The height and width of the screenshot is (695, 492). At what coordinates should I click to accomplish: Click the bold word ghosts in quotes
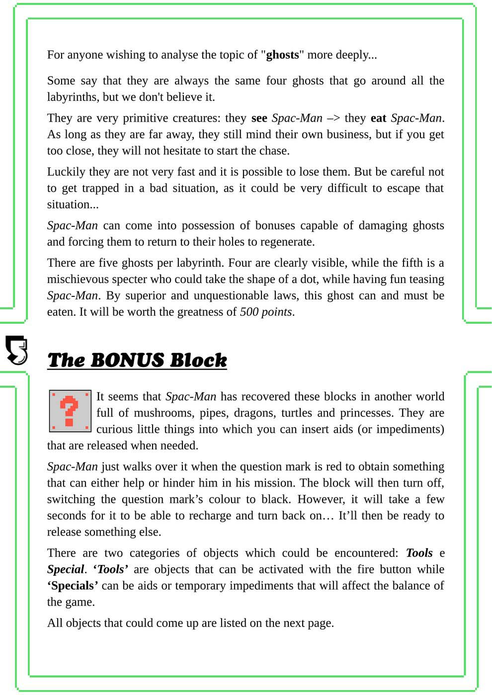coord(282,55)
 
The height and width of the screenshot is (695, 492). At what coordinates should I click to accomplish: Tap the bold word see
coord(259,118)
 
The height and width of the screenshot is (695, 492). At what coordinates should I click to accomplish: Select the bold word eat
coord(378,118)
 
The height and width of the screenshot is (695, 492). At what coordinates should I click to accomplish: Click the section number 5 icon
coord(16,350)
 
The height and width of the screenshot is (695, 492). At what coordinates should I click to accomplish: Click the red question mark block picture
coord(70,411)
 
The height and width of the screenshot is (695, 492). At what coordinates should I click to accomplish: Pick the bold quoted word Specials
coord(73,586)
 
